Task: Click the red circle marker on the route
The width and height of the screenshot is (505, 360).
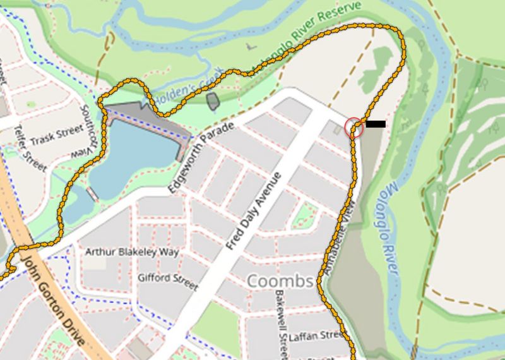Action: (x=355, y=128)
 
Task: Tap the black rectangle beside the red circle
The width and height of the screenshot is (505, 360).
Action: (x=375, y=124)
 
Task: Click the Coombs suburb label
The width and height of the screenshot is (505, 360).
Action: (x=280, y=280)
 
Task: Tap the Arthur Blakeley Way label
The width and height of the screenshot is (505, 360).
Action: (x=132, y=252)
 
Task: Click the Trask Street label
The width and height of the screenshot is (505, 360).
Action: (x=56, y=134)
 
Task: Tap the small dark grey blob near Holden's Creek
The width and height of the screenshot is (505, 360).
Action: (x=213, y=100)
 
